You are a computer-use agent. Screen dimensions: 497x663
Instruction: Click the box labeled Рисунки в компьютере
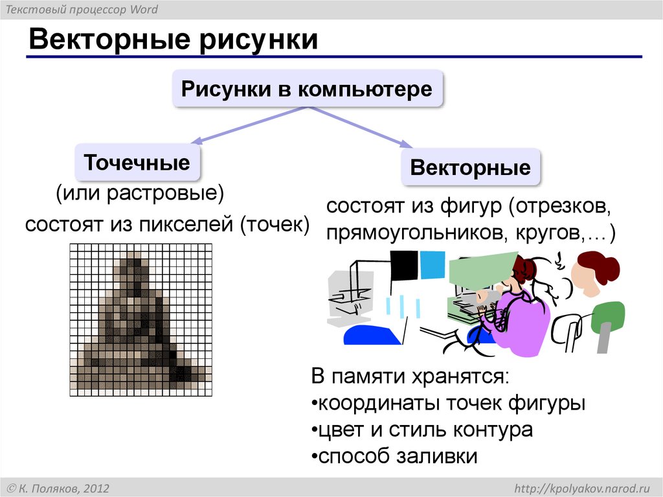click(x=307, y=89)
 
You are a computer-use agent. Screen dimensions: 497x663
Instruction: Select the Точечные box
click(x=137, y=162)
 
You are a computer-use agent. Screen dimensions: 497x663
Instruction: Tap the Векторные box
click(x=470, y=168)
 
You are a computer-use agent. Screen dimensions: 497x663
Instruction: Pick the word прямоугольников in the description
click(x=418, y=232)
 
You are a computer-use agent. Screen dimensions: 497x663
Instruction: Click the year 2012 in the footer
click(x=95, y=487)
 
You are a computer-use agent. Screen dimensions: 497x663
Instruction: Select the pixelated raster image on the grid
click(x=140, y=319)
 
